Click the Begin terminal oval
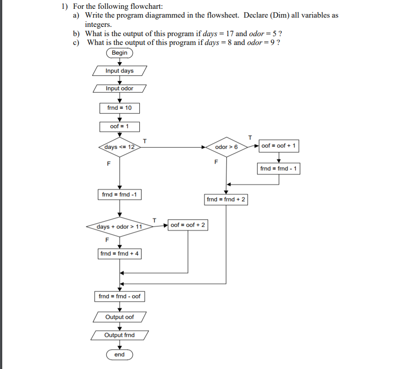coord(119,53)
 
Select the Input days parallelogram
coord(119,71)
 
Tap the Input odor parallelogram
coord(119,89)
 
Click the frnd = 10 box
coord(119,108)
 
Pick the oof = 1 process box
coord(119,127)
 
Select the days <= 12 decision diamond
coord(119,147)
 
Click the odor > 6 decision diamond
coord(226,147)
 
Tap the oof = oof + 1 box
coord(278,146)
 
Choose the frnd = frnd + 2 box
coord(226,199)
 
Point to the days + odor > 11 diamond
coord(119,227)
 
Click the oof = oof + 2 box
coord(188,225)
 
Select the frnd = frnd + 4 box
coord(119,254)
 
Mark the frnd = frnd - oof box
coord(119,296)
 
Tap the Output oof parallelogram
coord(119,317)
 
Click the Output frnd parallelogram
coord(119,335)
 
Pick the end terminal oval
coord(119,354)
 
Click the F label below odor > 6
coord(216,162)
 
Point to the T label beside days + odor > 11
coord(154,219)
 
